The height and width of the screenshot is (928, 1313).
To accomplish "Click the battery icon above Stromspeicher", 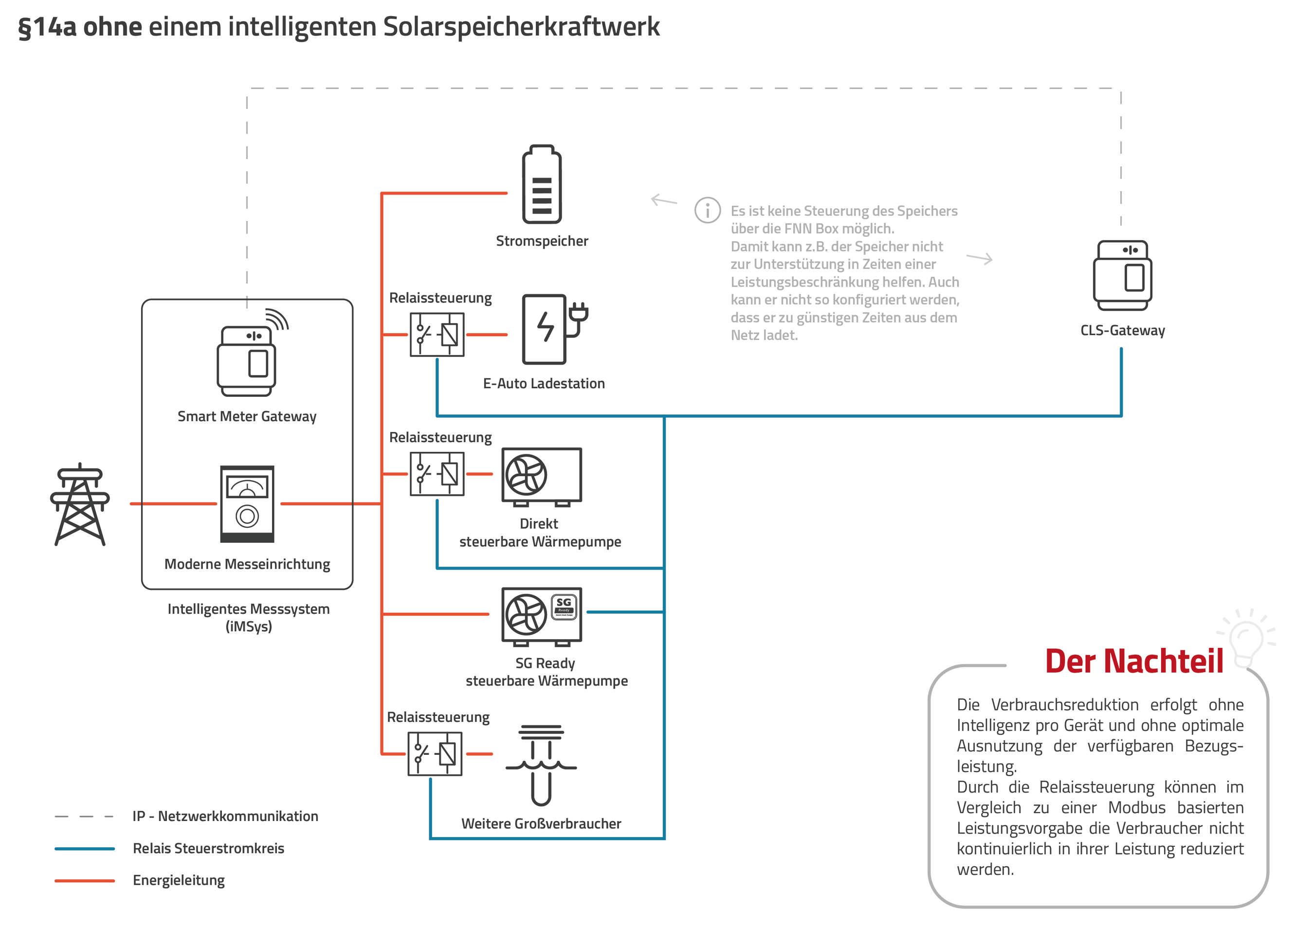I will [542, 184].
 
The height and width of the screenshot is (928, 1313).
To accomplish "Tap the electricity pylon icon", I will [80, 504].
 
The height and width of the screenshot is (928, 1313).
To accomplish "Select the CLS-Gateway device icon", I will [1122, 275].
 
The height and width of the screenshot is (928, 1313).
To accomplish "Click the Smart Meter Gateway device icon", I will [247, 360].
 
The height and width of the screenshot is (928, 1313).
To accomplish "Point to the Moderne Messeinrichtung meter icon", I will [247, 504].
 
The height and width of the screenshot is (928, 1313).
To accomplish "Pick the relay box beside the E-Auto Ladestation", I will [437, 335].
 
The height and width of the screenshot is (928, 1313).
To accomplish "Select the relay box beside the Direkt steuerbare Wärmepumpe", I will [437, 474].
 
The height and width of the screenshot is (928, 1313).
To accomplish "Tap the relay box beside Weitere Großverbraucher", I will [435, 754].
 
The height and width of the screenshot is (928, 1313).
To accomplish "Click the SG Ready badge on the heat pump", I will [564, 606].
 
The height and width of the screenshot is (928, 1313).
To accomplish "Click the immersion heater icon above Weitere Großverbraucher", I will [541, 765].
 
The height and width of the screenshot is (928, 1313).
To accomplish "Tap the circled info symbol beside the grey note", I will [708, 210].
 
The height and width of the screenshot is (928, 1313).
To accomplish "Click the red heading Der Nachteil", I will [1134, 662].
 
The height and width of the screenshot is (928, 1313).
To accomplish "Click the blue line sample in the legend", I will [85, 849].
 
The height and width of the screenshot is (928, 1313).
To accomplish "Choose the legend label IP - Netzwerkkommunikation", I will [225, 816].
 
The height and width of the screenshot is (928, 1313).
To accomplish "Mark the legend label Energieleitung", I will [179, 880].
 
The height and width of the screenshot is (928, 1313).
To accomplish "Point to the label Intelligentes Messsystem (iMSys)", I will [248, 617].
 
